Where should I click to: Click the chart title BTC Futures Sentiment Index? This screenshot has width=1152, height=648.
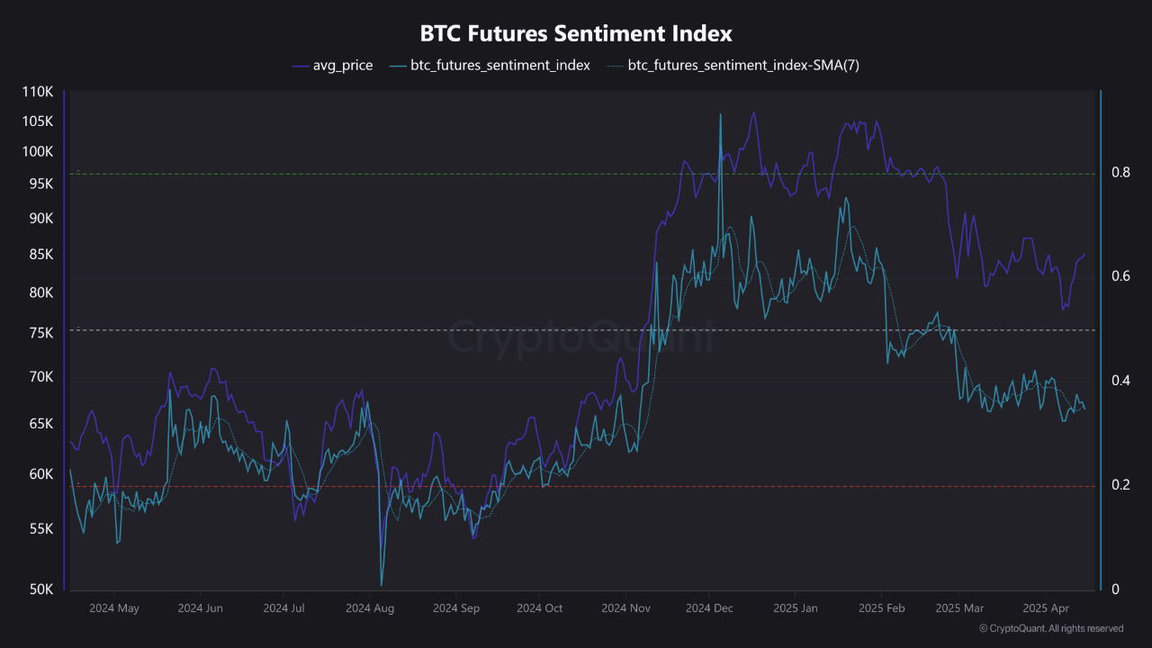576,33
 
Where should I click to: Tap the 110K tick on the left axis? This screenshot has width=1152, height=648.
37,92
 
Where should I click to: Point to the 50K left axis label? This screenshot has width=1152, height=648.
40,589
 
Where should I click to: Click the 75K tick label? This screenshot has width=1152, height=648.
40,333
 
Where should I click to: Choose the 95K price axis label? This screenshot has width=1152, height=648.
40,184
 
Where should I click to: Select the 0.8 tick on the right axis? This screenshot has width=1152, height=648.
1120,172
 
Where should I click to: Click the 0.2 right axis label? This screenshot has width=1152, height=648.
1120,485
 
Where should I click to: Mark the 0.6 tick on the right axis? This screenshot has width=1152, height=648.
1120,275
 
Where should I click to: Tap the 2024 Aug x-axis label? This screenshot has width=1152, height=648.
370,608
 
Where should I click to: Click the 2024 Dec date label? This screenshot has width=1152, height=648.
708,608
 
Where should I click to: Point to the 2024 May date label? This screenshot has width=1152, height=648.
114,608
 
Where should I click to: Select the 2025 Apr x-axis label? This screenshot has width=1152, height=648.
1045,608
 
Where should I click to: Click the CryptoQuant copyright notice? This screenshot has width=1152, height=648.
1050,628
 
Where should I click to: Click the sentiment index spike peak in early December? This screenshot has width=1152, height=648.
720,114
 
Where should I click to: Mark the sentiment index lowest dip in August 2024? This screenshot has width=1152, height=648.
382,585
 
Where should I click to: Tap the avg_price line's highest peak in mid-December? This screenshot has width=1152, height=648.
753,112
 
